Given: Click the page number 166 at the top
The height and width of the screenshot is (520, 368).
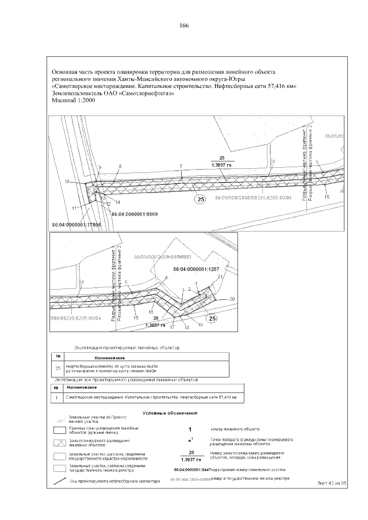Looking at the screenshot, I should [184, 26].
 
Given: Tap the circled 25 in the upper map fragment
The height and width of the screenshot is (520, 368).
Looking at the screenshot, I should [200, 199].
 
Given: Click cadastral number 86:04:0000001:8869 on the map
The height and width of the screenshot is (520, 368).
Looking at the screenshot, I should [134, 214].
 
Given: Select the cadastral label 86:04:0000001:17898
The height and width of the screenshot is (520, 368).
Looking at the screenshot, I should [76, 225].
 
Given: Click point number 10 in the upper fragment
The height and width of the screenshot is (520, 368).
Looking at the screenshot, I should [67, 182].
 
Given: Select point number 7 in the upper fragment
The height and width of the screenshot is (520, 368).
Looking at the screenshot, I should [181, 166].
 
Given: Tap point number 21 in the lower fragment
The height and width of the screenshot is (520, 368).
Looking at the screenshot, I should [220, 278].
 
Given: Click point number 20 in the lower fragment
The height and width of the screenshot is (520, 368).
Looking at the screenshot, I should [232, 299].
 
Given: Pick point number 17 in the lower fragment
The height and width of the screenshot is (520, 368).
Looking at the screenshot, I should [172, 327].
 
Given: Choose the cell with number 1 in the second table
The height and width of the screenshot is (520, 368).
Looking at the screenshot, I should [57, 397].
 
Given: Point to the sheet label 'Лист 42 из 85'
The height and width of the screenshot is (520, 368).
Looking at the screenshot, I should [333, 484].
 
